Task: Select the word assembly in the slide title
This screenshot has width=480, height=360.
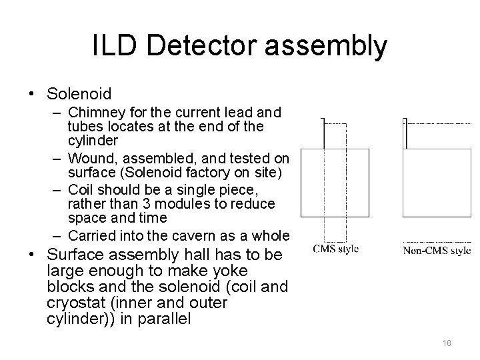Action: [x=323, y=47]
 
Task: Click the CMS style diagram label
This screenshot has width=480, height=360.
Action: [x=336, y=249]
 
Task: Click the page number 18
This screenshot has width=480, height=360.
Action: [x=447, y=343]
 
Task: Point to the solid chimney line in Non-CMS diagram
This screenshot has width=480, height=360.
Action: [x=405, y=134]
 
